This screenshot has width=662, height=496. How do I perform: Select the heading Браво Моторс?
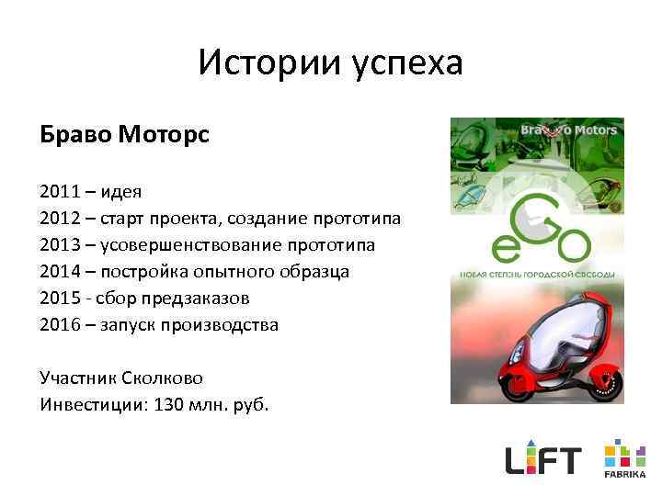(125, 135)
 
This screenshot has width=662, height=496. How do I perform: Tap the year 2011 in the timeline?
(58, 192)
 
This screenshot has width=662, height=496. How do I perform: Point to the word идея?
(120, 192)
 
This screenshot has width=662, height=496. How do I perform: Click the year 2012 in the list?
(58, 219)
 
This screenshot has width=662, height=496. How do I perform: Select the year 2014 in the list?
(58, 272)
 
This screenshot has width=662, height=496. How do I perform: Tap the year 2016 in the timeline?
(58, 325)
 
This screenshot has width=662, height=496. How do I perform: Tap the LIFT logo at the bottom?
(543, 457)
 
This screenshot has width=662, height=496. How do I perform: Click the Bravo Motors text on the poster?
(569, 130)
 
